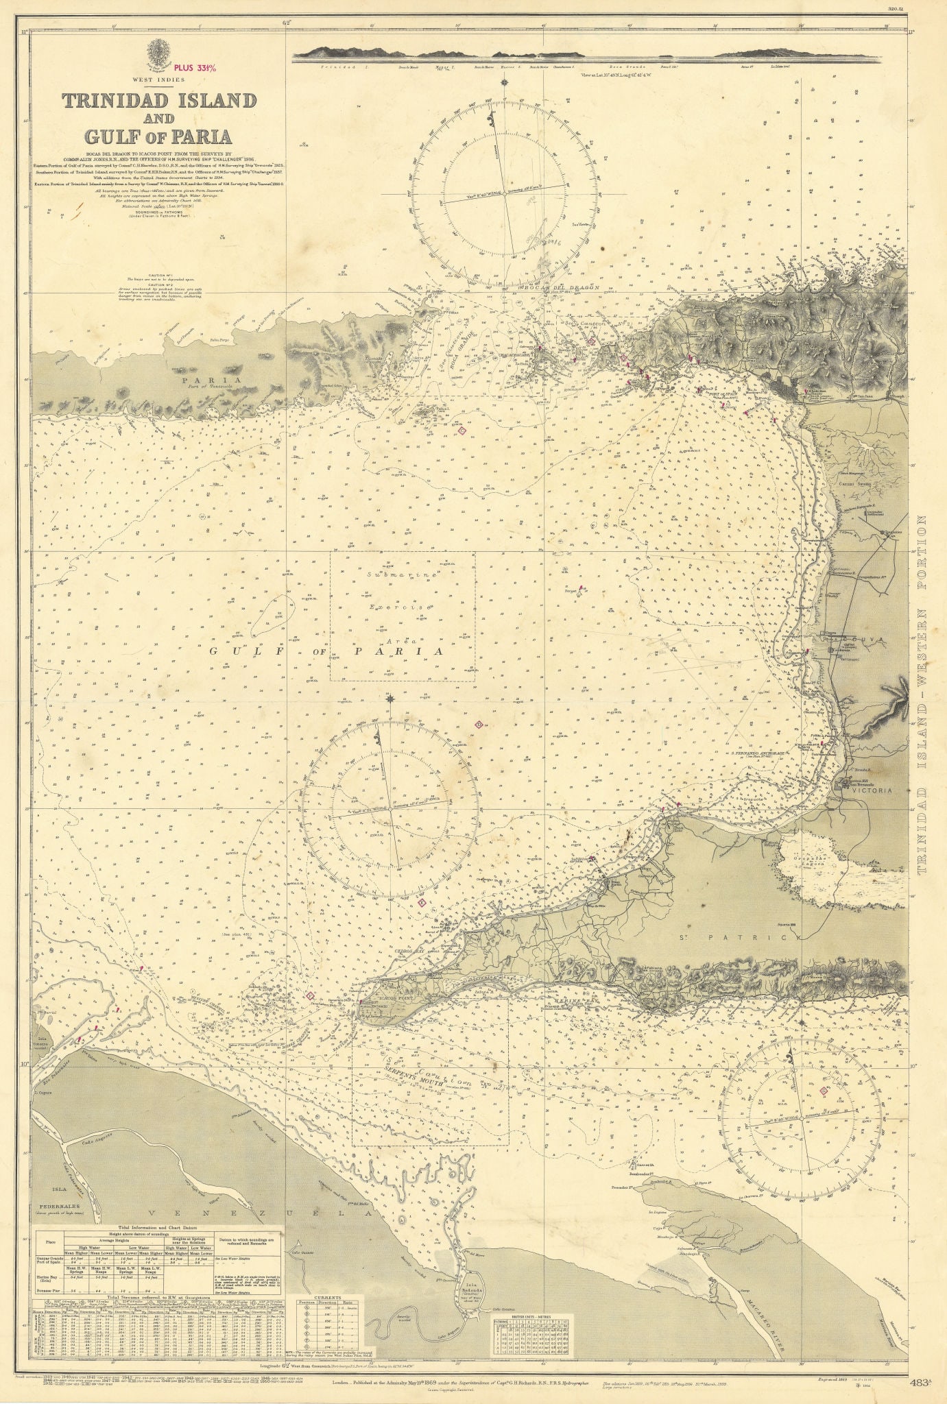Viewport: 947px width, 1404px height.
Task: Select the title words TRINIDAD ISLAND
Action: [x=159, y=100]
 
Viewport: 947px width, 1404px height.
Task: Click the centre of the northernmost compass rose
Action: [x=505, y=193]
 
